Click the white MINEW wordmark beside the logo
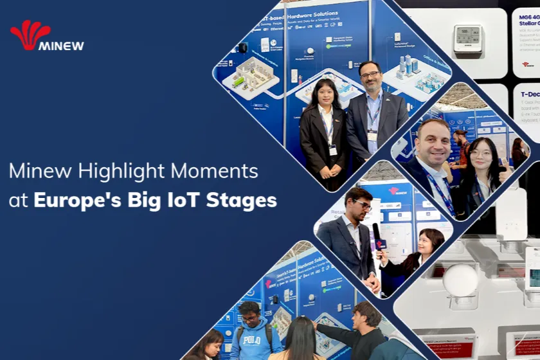pos(61,46)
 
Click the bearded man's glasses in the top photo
pos(370,75)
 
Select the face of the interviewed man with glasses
pos(361,206)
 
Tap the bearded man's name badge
pos(372,136)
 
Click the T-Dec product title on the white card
pos(530,94)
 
